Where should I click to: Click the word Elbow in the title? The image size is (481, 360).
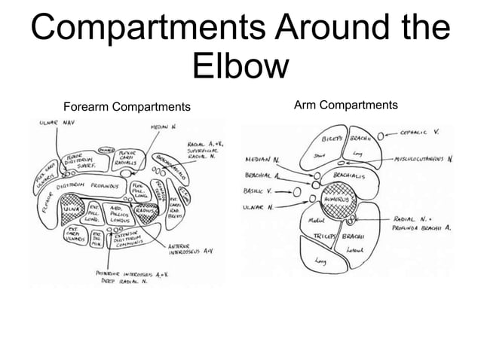tap(240, 66)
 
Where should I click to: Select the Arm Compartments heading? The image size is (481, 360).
tap(346, 104)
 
